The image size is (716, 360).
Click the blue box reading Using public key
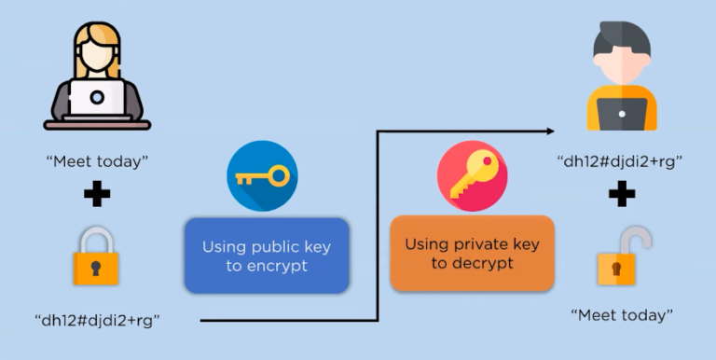click(267, 256)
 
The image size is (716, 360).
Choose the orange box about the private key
click(472, 253)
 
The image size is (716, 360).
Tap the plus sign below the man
click(621, 196)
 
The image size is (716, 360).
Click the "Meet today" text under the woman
click(98, 160)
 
